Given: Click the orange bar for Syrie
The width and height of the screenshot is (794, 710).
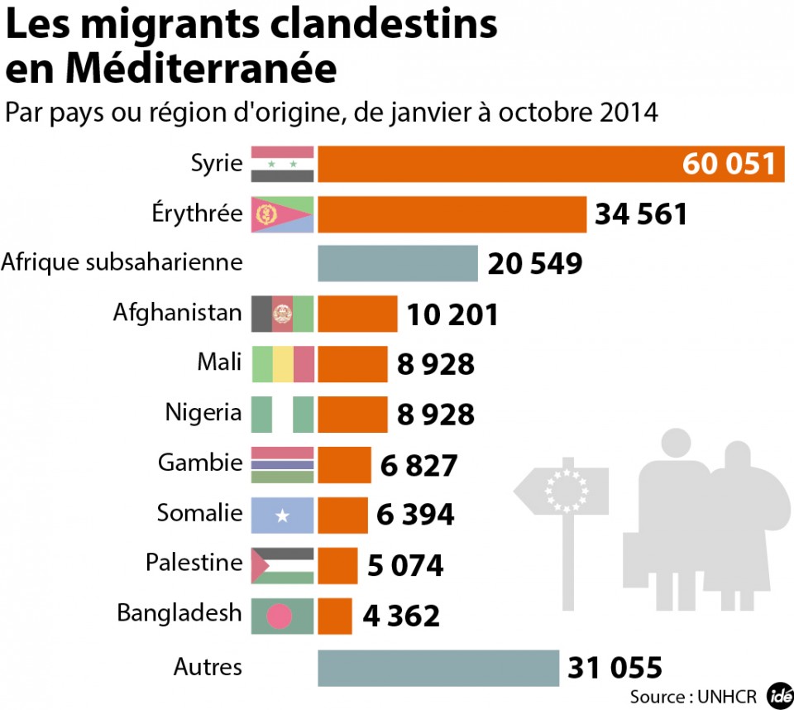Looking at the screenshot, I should coord(496,164).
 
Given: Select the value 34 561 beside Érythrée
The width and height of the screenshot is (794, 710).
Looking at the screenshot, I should coord(641,214).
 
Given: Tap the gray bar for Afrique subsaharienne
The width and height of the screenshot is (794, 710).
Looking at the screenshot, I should coord(398,264).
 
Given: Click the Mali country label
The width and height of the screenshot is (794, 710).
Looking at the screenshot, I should coord(219,362).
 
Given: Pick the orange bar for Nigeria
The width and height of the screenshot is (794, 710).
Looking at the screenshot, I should coord(352,414).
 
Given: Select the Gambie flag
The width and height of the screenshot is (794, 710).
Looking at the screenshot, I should coord(282,464).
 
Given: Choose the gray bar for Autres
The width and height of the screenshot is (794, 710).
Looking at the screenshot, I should coord(438,667).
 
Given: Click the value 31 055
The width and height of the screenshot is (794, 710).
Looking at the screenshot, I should coord(615,667).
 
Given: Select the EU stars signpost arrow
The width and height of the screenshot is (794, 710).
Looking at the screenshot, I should coord(562,492).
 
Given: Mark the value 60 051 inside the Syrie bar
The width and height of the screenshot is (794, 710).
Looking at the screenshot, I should coord(730,164).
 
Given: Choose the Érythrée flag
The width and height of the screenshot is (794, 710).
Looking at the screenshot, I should coord(282,214).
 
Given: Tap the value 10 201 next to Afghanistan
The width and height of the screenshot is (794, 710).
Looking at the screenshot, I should coord(452,314).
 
